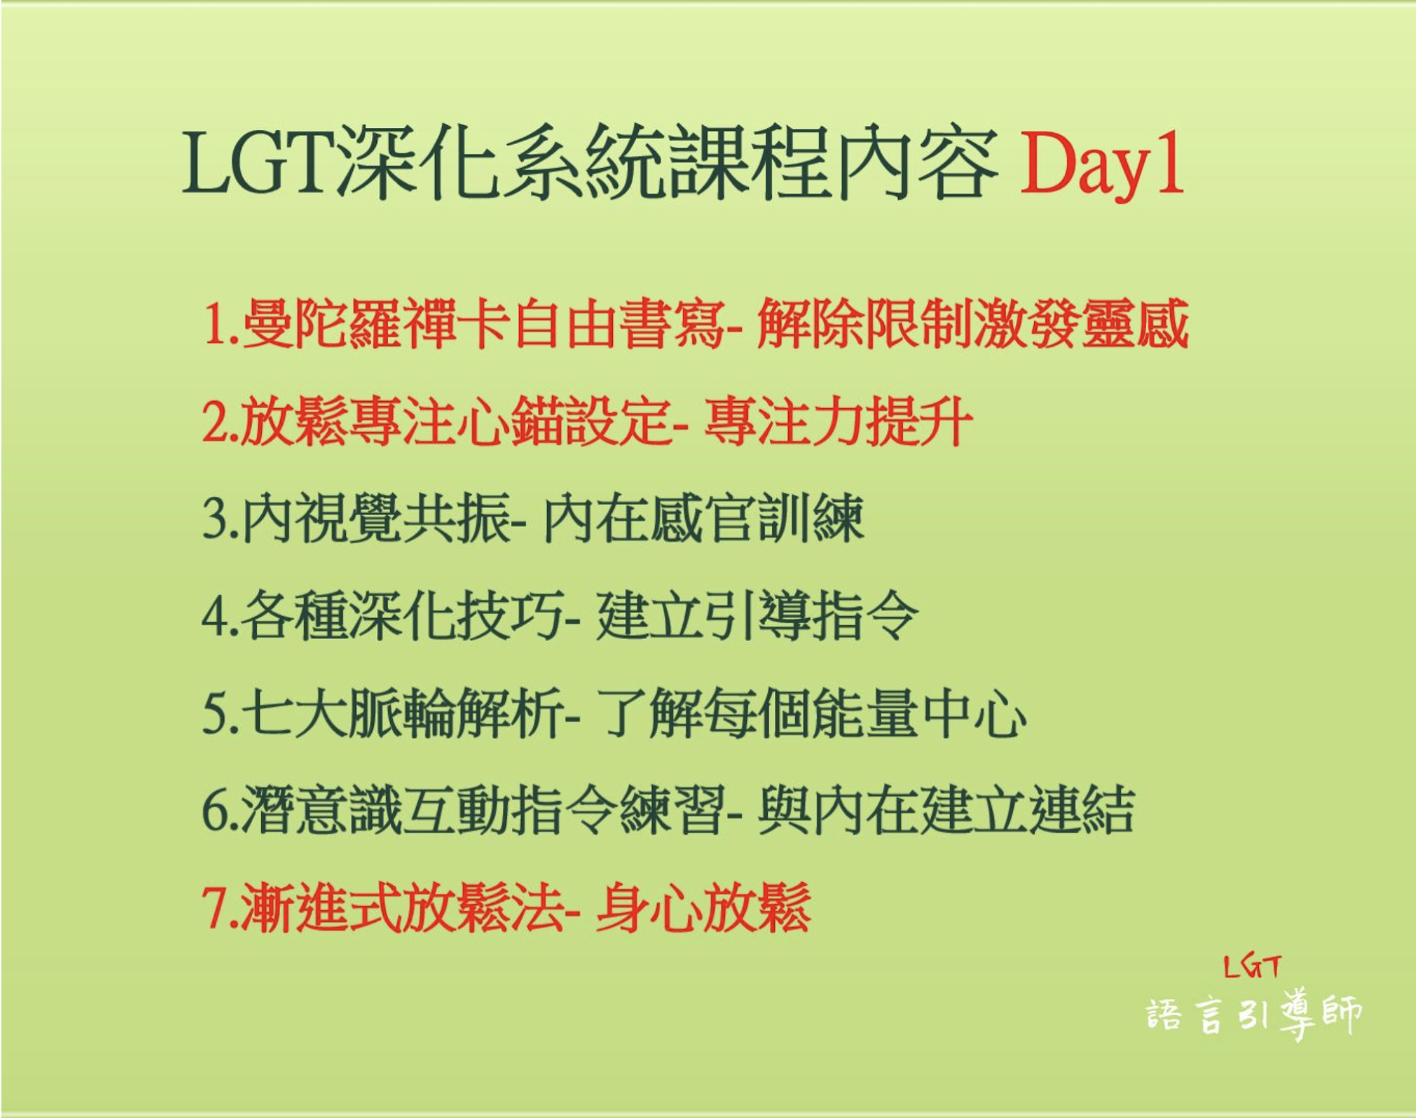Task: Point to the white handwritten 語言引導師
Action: [1254, 1013]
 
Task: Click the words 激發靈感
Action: [1081, 323]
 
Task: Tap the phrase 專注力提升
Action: [838, 421]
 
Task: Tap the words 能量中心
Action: [919, 713]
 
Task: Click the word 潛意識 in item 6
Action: [323, 810]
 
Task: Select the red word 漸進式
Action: [323, 907]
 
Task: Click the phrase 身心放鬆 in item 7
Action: [703, 907]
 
